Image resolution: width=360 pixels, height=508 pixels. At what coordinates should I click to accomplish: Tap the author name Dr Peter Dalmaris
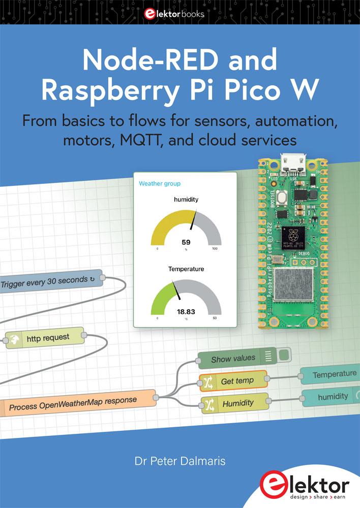[x=179, y=462]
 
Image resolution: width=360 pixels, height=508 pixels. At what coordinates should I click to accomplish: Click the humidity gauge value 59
[x=186, y=242]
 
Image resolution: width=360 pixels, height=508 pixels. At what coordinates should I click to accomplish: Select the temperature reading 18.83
[x=186, y=311]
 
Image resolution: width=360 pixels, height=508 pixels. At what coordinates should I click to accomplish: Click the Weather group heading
[x=160, y=183]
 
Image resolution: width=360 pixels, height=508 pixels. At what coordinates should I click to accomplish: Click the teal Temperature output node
[x=331, y=374]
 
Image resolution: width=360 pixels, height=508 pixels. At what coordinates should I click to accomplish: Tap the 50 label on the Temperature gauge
[x=215, y=318]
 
